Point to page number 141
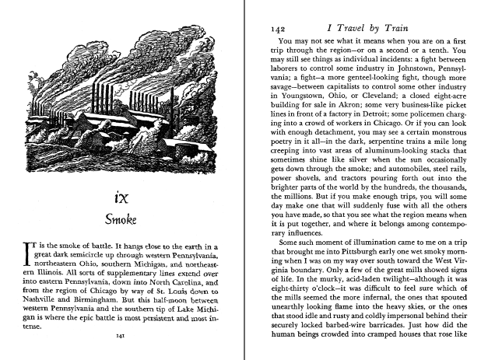click(x=121, y=336)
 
